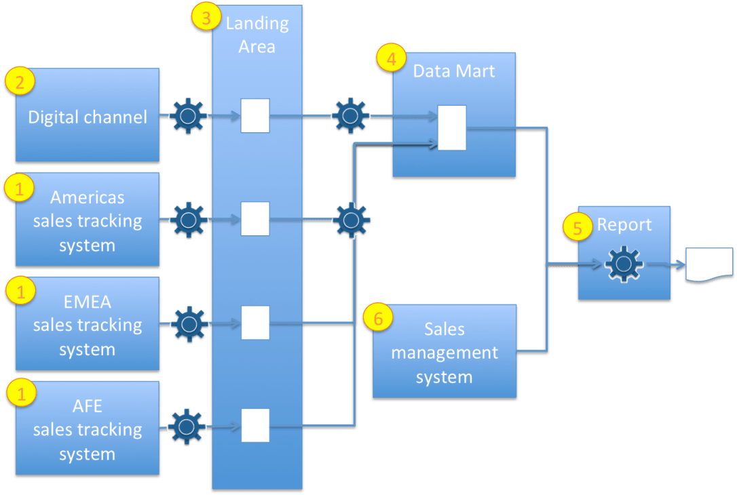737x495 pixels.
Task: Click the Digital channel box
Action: (88, 116)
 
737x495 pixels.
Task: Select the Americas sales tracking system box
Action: (88, 220)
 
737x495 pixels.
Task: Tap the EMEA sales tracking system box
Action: (88, 325)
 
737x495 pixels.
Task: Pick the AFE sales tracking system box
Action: (88, 429)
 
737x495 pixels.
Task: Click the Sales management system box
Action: (445, 352)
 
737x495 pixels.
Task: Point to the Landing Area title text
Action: (257, 35)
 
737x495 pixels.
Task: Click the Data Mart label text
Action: (454, 71)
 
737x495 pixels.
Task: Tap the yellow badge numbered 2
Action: (20, 82)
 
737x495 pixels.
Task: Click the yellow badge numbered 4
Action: (390, 59)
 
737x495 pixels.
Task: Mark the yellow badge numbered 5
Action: (578, 227)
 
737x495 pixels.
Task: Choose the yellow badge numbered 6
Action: (378, 317)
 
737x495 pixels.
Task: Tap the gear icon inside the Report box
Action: (623, 264)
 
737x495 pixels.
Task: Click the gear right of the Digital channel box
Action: (187, 116)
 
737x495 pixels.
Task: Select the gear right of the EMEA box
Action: (187, 324)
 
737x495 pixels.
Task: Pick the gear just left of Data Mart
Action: (350, 116)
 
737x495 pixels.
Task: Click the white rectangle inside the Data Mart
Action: (451, 127)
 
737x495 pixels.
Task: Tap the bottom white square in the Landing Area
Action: (255, 425)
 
